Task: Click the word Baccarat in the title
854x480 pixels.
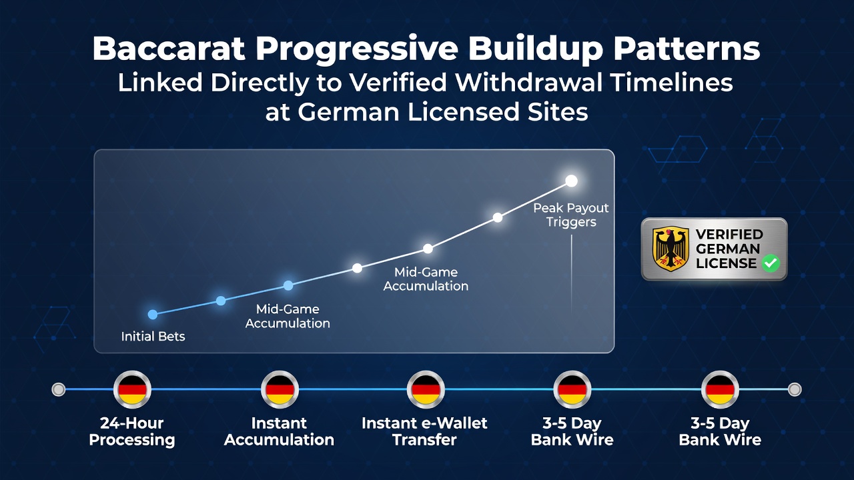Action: pos(169,49)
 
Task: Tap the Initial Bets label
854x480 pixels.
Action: pos(153,337)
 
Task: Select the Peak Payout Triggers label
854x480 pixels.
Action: pos(570,215)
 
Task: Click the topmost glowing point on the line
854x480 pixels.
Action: pos(571,181)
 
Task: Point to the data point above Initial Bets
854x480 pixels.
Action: pos(153,314)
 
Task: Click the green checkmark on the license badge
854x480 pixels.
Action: pos(771,263)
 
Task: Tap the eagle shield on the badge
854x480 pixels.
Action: pos(671,249)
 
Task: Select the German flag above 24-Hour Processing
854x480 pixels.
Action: pos(132,389)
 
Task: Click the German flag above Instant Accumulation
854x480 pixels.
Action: pos(280,389)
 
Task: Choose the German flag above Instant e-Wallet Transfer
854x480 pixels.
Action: pos(426,389)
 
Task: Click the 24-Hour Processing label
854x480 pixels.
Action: pos(132,431)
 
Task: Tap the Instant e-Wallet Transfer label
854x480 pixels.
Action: pos(424,431)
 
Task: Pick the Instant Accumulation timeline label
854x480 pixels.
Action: pos(279,431)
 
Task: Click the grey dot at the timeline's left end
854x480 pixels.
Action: pos(58,389)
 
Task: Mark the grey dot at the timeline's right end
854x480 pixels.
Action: pos(795,389)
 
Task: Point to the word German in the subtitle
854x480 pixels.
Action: pos(349,112)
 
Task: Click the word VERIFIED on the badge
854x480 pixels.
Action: pos(729,234)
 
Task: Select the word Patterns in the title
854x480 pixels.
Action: pos(687,49)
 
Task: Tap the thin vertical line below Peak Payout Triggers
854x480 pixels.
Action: pos(571,274)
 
